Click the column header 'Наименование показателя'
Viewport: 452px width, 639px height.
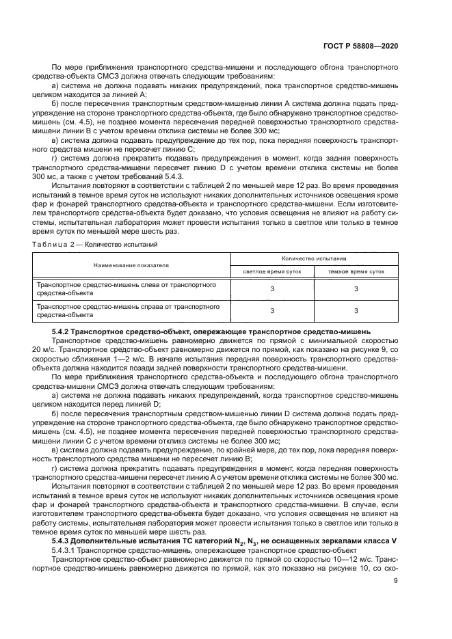coord(131,264)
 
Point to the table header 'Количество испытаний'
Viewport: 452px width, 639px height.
coord(315,259)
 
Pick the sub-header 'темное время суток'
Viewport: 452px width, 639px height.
coord(356,271)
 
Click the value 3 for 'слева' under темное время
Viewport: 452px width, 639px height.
coord(356,289)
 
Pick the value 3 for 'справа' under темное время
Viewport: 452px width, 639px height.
coord(356,312)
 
